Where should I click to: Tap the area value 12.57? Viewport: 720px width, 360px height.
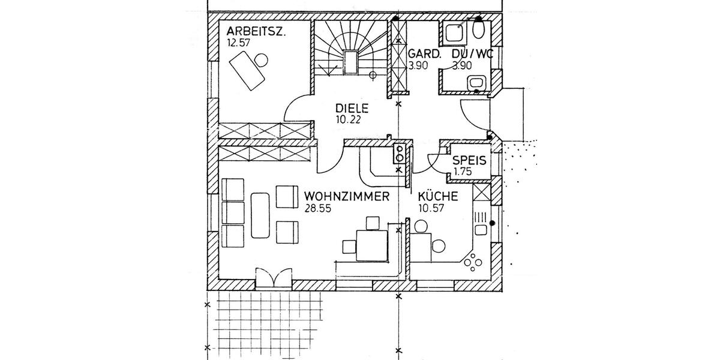click(x=238, y=43)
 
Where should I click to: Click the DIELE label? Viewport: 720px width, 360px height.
click(x=351, y=109)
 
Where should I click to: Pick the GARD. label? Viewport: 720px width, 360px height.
click(x=424, y=55)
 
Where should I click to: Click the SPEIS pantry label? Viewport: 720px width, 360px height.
click(x=469, y=160)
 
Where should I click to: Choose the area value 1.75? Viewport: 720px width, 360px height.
click(x=463, y=172)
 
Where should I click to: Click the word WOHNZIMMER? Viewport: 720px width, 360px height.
click(x=347, y=196)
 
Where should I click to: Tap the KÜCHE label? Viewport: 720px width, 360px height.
click(x=438, y=196)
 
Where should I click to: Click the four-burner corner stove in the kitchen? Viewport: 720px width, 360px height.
click(x=473, y=262)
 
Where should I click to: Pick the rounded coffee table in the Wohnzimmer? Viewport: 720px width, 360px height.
click(x=260, y=215)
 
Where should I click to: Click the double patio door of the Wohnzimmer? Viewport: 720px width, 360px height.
click(x=273, y=278)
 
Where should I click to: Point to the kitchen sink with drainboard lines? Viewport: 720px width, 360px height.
click(x=480, y=222)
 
